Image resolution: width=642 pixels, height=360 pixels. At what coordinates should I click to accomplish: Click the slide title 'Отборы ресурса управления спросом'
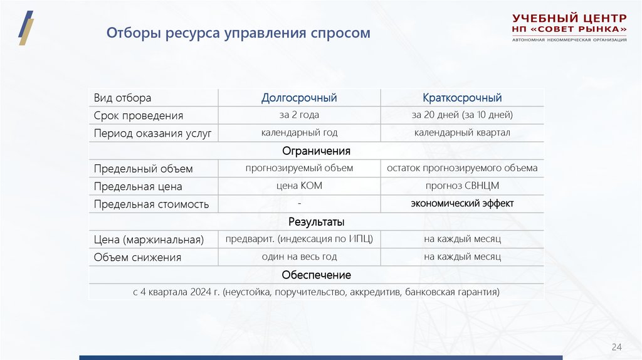(x=238, y=33)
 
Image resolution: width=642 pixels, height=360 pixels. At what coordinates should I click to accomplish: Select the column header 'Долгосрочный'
(x=299, y=98)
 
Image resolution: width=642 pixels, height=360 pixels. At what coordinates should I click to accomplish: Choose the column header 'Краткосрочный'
(x=462, y=98)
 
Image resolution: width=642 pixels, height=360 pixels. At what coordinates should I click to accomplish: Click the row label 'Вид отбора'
(x=123, y=98)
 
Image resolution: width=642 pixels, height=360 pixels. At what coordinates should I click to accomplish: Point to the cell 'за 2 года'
(x=299, y=115)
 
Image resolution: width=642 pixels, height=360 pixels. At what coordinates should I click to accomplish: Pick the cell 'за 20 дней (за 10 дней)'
(x=462, y=115)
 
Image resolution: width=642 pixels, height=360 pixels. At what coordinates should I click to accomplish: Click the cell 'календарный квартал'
(x=462, y=132)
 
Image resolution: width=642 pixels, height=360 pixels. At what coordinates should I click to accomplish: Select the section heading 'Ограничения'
(x=316, y=151)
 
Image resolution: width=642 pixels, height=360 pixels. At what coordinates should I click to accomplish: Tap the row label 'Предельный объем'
(x=144, y=169)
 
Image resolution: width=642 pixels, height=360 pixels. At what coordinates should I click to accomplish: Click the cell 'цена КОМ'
(x=299, y=186)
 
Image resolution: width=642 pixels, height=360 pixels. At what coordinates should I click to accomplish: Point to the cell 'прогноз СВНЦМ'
(x=462, y=186)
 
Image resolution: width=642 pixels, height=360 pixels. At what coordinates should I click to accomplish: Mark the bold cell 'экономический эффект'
(x=462, y=203)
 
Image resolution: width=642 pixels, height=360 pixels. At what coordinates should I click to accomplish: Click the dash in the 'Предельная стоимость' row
(x=300, y=203)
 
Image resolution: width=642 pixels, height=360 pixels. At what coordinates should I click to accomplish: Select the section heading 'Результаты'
(x=316, y=222)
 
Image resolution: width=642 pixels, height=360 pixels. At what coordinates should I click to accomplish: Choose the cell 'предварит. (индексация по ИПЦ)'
(x=299, y=239)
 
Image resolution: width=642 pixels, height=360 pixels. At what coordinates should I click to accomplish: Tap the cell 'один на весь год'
(x=299, y=257)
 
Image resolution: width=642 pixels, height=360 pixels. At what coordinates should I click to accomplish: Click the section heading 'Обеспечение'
(x=316, y=275)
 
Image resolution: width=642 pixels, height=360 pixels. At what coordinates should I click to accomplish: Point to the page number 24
(x=616, y=347)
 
